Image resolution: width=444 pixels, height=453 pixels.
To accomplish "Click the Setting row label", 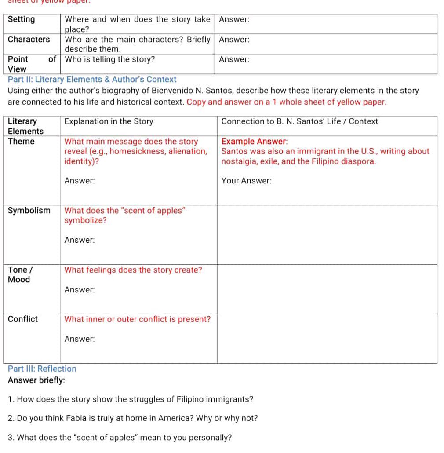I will (x=21, y=19).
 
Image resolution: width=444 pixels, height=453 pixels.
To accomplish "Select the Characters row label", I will (x=29, y=39).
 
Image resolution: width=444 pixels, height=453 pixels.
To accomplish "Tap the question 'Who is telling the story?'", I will (x=109, y=59).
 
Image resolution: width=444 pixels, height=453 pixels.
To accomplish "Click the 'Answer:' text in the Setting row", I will (x=234, y=19).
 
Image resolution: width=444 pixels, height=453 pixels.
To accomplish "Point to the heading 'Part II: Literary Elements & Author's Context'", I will (x=92, y=80).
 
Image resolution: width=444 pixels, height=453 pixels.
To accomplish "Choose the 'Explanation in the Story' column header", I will (x=109, y=121).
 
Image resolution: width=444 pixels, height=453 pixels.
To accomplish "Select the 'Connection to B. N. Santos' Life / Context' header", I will (x=299, y=121).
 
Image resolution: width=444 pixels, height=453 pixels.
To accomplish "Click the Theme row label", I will (x=21, y=141).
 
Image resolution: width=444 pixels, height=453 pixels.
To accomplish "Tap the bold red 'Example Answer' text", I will (x=254, y=142).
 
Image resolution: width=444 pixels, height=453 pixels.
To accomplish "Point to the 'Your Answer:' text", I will (x=246, y=181).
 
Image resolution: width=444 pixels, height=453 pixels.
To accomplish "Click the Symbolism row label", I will (x=29, y=211).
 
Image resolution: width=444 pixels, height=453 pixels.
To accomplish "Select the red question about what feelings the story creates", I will (x=133, y=270).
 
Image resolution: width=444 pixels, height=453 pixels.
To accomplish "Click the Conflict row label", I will (x=23, y=319).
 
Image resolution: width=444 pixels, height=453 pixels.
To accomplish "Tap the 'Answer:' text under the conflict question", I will (x=80, y=339).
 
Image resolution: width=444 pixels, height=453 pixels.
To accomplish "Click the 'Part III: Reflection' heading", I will (x=42, y=369).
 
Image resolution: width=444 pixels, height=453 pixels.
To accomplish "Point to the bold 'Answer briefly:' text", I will (x=36, y=380).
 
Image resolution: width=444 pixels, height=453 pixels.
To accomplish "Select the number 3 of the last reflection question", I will (x=10, y=438).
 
